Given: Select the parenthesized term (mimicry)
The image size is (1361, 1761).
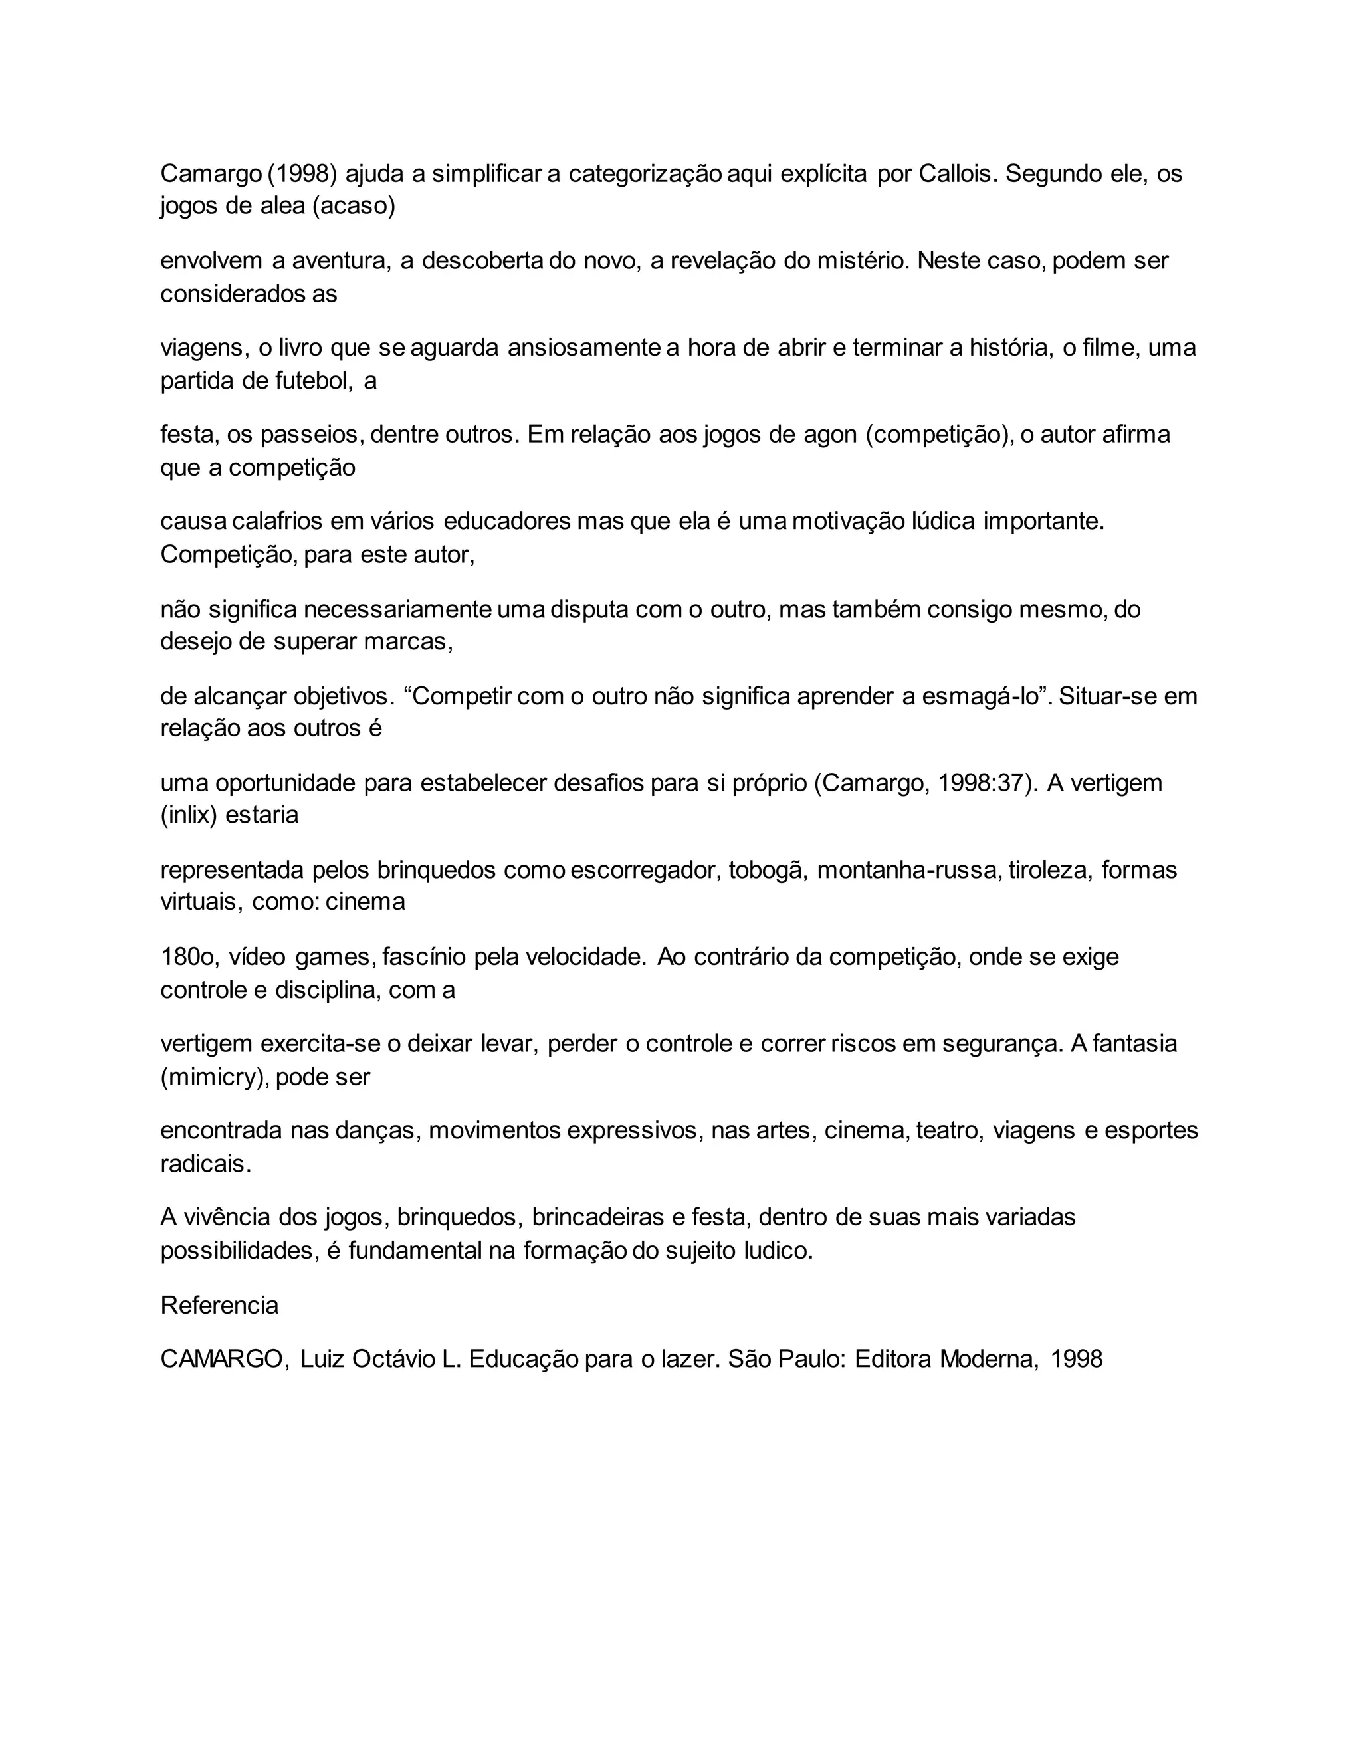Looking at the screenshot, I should click(x=215, y=1077).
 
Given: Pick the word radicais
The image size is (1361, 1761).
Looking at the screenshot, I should click(x=205, y=1164).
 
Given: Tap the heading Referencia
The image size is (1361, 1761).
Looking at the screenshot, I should click(x=219, y=1305).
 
